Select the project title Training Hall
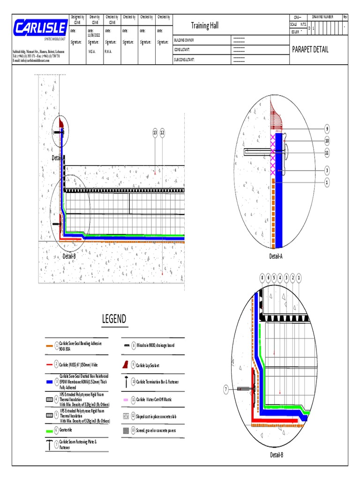click(204, 25)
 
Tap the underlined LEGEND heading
click(114, 320)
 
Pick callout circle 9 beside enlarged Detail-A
click(327, 129)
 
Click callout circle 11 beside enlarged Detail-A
click(327, 152)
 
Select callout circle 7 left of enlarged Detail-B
click(225, 389)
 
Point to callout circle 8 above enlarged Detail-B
click(262, 278)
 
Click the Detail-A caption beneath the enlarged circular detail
click(276, 256)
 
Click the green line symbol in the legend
click(50, 431)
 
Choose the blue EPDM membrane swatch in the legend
click(50, 382)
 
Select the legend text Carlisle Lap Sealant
click(151, 364)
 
